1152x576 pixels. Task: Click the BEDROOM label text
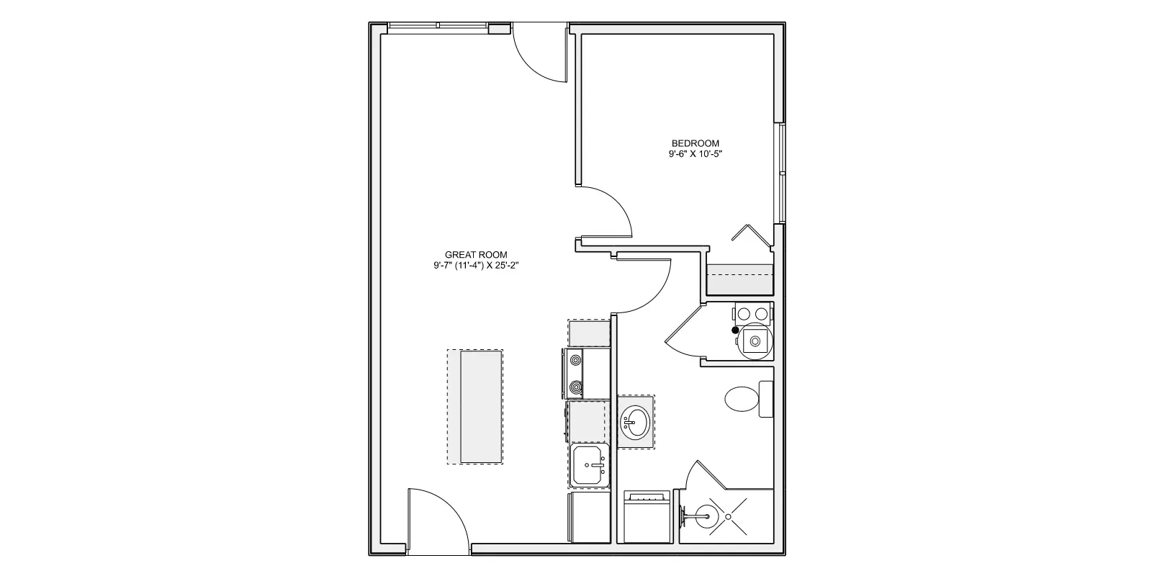point(695,143)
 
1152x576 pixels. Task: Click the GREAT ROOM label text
point(476,255)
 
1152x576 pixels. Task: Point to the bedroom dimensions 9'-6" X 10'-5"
point(695,154)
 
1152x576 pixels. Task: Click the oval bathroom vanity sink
point(636,421)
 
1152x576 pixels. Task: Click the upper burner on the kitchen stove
point(575,360)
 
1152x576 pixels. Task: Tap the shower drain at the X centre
point(728,516)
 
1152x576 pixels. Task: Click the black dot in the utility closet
point(735,330)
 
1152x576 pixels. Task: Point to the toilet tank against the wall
point(766,399)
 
